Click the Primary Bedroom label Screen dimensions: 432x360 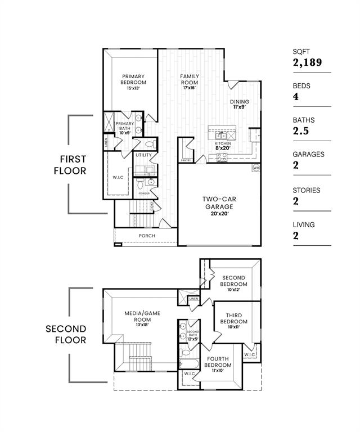(133, 82)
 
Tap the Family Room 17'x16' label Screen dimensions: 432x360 (191, 82)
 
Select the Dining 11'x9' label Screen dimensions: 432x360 (240, 104)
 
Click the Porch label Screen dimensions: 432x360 (147, 236)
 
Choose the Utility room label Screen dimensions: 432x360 (143, 155)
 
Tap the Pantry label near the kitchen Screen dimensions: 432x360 (186, 160)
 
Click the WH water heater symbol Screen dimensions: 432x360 (256, 168)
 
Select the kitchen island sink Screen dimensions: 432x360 (222, 135)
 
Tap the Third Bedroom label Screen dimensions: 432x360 (233, 321)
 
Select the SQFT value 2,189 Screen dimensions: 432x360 (307, 62)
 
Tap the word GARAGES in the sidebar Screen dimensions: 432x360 (308, 154)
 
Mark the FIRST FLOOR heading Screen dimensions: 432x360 (70, 165)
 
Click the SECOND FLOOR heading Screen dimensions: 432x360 (66, 334)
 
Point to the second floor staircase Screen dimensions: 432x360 (141, 357)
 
